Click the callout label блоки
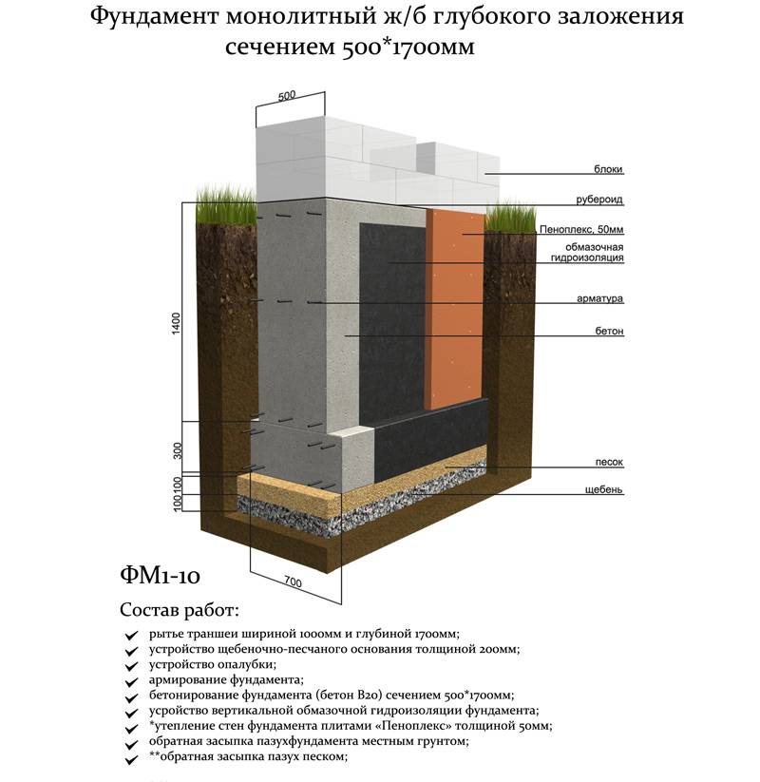click(610, 170)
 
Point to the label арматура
click(601, 298)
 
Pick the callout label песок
click(609, 462)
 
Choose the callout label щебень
click(604, 490)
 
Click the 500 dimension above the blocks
click(288, 95)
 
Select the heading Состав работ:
click(180, 609)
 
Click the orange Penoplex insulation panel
click(455, 304)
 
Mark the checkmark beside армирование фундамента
click(131, 681)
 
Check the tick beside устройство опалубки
click(131, 666)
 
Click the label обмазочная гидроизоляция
click(580, 253)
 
